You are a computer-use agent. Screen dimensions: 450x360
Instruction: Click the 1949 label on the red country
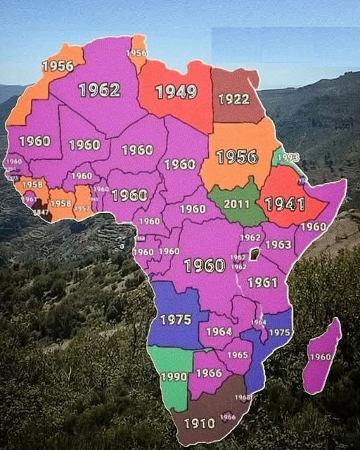point(176,91)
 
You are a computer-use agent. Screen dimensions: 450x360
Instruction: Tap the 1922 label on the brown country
point(233,99)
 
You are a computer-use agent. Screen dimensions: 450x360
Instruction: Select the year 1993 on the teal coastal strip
point(288,157)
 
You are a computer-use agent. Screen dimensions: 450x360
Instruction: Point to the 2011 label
point(237,204)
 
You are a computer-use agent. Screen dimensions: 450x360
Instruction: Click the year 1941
point(285,205)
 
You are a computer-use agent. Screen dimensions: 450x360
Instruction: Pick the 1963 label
point(278,245)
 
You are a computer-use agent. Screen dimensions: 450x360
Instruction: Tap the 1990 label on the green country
point(174,377)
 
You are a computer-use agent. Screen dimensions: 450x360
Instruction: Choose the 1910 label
point(199,423)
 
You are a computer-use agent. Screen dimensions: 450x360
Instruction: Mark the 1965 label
point(238,355)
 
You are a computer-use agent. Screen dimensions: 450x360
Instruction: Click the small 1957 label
point(82,209)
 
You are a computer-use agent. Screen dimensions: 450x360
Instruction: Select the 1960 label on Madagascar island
point(320,357)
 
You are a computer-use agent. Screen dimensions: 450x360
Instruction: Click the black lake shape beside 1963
point(255,252)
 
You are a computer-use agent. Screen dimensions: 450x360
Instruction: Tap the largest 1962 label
point(99,89)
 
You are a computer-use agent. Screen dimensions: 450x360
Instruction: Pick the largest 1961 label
point(262,282)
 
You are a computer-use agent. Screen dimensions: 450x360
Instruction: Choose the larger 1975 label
point(176,320)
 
